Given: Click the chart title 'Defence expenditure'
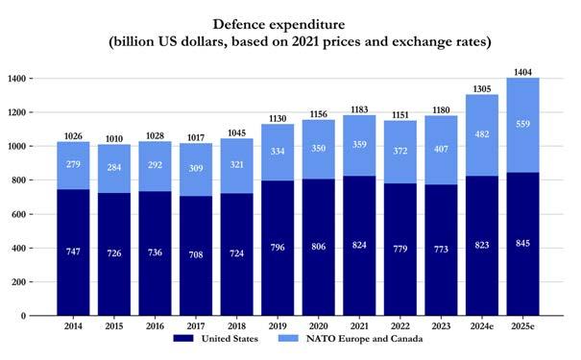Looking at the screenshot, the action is pyautogui.click(x=278, y=24).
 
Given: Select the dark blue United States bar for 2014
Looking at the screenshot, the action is pyautogui.click(x=73, y=252).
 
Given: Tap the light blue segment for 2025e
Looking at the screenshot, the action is pyautogui.click(x=522, y=125).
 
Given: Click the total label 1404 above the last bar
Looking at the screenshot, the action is pyautogui.click(x=522, y=72).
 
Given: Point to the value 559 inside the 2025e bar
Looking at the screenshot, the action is pyautogui.click(x=522, y=124).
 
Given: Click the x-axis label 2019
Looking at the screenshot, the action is pyautogui.click(x=278, y=326).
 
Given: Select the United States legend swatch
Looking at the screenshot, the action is pyautogui.click(x=183, y=338).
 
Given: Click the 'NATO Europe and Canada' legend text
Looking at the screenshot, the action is pyautogui.click(x=364, y=339).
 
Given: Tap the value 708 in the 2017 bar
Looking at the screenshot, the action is pyautogui.click(x=196, y=254).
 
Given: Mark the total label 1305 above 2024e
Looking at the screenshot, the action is pyautogui.click(x=482, y=89).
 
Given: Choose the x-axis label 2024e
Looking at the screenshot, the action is pyautogui.click(x=482, y=326).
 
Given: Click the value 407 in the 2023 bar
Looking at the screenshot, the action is pyautogui.click(x=441, y=149).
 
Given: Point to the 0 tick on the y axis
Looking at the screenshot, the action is pyautogui.click(x=23, y=316).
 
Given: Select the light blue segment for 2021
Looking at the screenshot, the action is pyautogui.click(x=359, y=146).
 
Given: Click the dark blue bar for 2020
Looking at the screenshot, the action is pyautogui.click(x=319, y=248).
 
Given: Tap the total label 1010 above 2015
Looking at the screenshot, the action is pyautogui.click(x=114, y=139).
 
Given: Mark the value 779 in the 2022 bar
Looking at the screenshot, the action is pyautogui.click(x=400, y=249).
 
